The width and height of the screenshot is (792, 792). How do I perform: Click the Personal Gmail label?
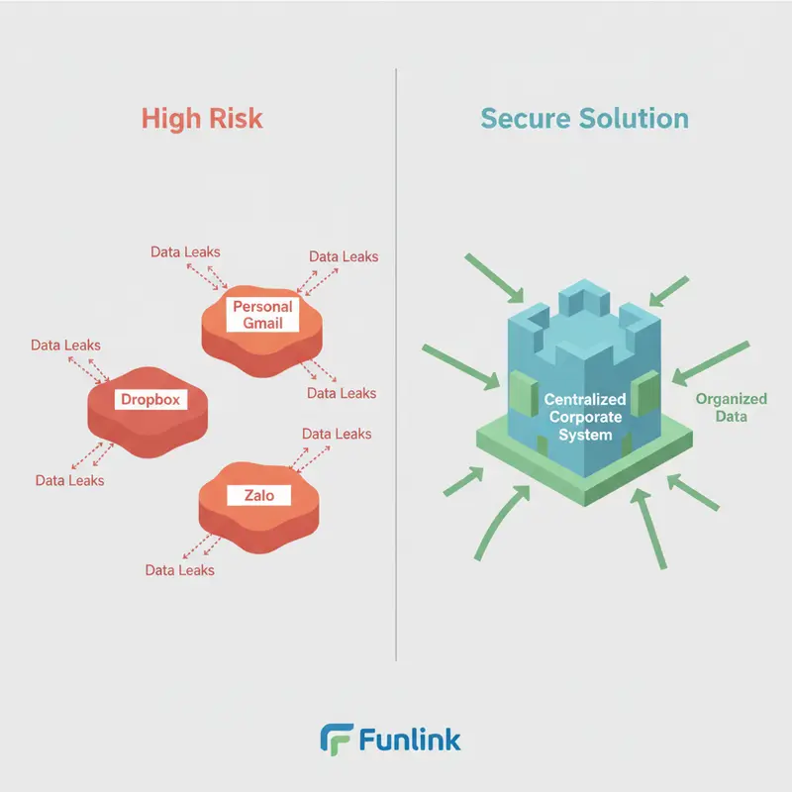262,314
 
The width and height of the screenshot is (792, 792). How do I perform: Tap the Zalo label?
250,494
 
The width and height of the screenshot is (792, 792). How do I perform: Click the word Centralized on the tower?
584,399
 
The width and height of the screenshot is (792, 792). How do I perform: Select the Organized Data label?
731,407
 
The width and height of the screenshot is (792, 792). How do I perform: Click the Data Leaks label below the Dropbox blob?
69,480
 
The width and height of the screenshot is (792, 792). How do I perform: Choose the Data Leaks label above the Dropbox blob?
64,346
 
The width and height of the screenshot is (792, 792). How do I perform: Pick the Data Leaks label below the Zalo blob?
179,570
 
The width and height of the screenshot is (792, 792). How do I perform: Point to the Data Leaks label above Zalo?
337,434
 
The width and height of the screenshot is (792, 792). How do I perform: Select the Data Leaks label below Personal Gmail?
342,393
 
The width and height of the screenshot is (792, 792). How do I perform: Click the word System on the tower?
584,435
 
